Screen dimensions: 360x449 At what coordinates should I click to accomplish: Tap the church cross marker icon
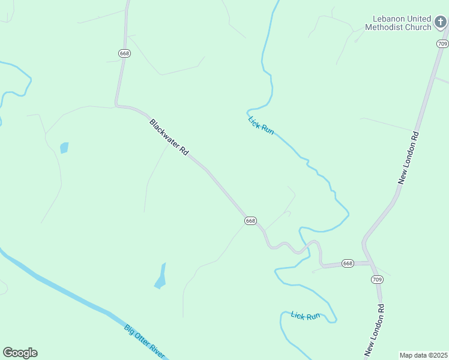(x=441, y=23)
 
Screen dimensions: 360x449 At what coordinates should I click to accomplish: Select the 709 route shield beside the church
(x=442, y=44)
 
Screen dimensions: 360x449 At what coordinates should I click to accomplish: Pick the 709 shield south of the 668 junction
(x=377, y=280)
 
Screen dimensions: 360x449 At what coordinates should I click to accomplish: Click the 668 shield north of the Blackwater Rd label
(x=124, y=53)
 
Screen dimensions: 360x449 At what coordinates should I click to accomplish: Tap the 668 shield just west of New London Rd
(x=348, y=263)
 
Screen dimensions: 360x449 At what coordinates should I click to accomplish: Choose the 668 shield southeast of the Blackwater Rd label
(x=251, y=221)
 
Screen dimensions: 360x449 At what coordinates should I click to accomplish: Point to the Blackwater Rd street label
(x=169, y=137)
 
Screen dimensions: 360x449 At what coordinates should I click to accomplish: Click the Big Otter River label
(x=144, y=341)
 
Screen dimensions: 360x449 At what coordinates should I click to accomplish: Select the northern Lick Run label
(x=261, y=125)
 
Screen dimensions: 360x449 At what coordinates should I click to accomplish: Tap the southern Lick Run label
(x=305, y=316)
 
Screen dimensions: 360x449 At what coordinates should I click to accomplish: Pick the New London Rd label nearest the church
(x=408, y=158)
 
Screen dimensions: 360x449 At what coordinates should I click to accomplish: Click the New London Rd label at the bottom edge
(x=374, y=330)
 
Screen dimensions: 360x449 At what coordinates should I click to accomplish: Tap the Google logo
(x=20, y=353)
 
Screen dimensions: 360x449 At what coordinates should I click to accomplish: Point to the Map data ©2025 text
(x=424, y=355)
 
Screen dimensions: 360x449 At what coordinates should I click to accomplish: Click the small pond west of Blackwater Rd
(x=64, y=148)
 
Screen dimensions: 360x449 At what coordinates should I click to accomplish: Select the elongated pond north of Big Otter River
(x=161, y=276)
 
